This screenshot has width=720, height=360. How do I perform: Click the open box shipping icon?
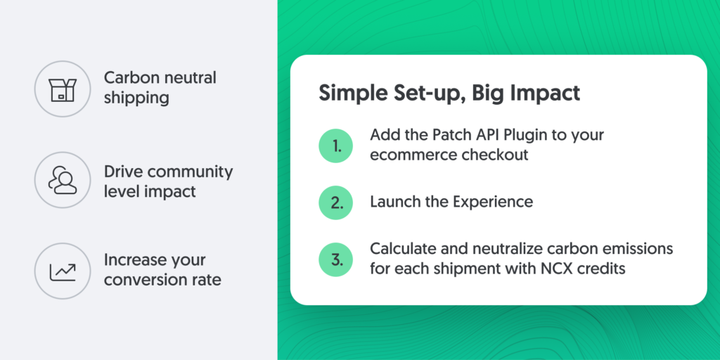(x=63, y=89)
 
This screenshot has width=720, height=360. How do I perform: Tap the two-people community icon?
(x=63, y=180)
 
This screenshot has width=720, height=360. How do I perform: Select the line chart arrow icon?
(x=63, y=271)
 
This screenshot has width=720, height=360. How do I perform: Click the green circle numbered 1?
(x=335, y=146)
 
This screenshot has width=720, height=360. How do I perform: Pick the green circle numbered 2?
(x=335, y=202)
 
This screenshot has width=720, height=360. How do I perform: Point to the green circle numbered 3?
(x=335, y=259)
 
